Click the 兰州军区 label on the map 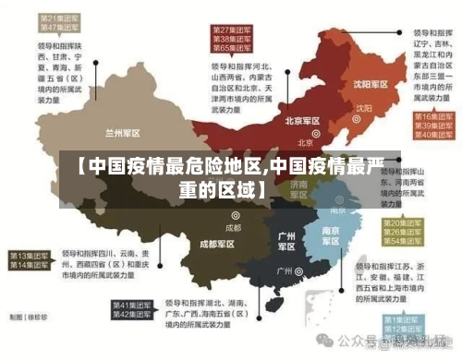(x=124, y=132)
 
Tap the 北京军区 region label (x=302, y=121)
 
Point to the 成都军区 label (x=220, y=245)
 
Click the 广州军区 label (x=287, y=241)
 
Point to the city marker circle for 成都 (x=236, y=215)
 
